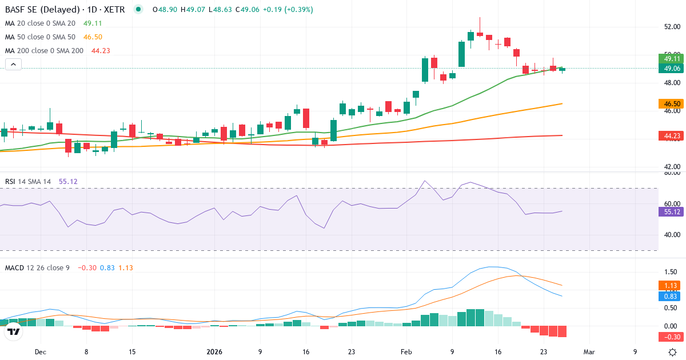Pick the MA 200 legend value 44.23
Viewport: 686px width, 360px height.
tap(101, 51)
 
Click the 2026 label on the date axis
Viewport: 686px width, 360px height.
tap(214, 352)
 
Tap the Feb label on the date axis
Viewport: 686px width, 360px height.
tap(406, 352)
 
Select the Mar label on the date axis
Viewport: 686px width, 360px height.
tap(589, 352)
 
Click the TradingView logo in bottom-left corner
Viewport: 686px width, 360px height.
tap(14, 331)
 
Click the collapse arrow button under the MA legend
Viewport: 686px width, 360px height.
tap(14, 65)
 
